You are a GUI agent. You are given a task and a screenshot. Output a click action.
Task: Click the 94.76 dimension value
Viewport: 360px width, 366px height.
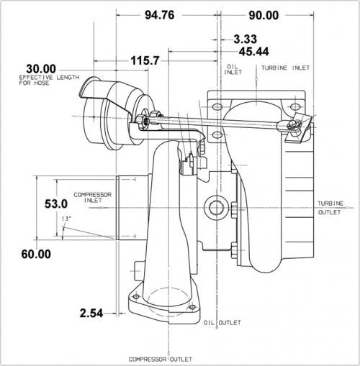click(x=160, y=15)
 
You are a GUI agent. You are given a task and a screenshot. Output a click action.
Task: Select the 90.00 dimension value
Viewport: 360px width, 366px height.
click(x=264, y=16)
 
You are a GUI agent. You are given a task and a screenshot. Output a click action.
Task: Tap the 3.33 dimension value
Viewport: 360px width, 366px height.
click(x=246, y=39)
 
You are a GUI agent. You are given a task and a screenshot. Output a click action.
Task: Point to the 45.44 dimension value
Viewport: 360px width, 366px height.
click(x=254, y=52)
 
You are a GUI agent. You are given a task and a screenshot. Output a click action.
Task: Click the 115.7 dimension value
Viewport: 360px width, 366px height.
click(x=145, y=60)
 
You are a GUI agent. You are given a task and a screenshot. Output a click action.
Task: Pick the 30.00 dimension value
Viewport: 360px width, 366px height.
click(x=41, y=69)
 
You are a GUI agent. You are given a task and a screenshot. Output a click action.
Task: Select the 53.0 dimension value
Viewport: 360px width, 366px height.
click(x=56, y=204)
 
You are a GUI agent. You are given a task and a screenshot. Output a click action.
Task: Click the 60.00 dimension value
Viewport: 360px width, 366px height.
click(x=36, y=254)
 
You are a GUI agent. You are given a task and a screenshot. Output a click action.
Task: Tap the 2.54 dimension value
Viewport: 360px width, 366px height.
click(x=91, y=313)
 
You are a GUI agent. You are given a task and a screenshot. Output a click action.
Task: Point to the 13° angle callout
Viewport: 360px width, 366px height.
click(x=66, y=219)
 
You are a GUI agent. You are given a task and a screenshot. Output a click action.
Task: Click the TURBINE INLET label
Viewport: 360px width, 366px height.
click(x=286, y=68)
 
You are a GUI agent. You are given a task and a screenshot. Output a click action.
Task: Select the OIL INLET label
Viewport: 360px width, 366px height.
click(x=233, y=69)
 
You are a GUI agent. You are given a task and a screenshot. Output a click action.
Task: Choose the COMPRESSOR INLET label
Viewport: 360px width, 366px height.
click(x=93, y=198)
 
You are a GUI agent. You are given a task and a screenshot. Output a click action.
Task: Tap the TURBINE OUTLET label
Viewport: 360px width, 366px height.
click(x=330, y=208)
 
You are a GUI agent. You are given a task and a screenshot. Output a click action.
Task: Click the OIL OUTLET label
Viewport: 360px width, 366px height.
click(x=222, y=323)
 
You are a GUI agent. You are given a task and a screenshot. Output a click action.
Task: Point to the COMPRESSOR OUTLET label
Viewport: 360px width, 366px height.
click(x=161, y=360)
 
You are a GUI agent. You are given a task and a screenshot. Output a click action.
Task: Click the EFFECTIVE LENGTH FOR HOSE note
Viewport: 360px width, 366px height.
click(x=49, y=80)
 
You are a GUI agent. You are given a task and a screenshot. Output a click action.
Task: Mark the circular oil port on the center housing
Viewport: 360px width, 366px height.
click(x=216, y=208)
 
